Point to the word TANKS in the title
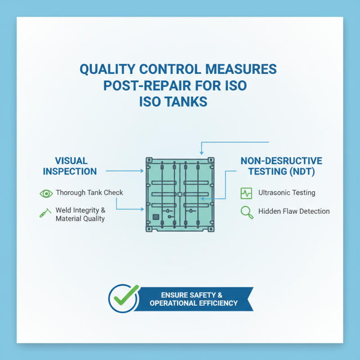[x=188, y=101]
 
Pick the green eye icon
[x=45, y=193]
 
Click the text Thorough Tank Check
[x=89, y=193]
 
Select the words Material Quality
[x=80, y=219]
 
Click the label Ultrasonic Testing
[x=287, y=193]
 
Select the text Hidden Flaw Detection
[x=294, y=211]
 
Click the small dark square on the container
[x=156, y=216]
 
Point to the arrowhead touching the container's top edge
[x=201, y=153]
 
